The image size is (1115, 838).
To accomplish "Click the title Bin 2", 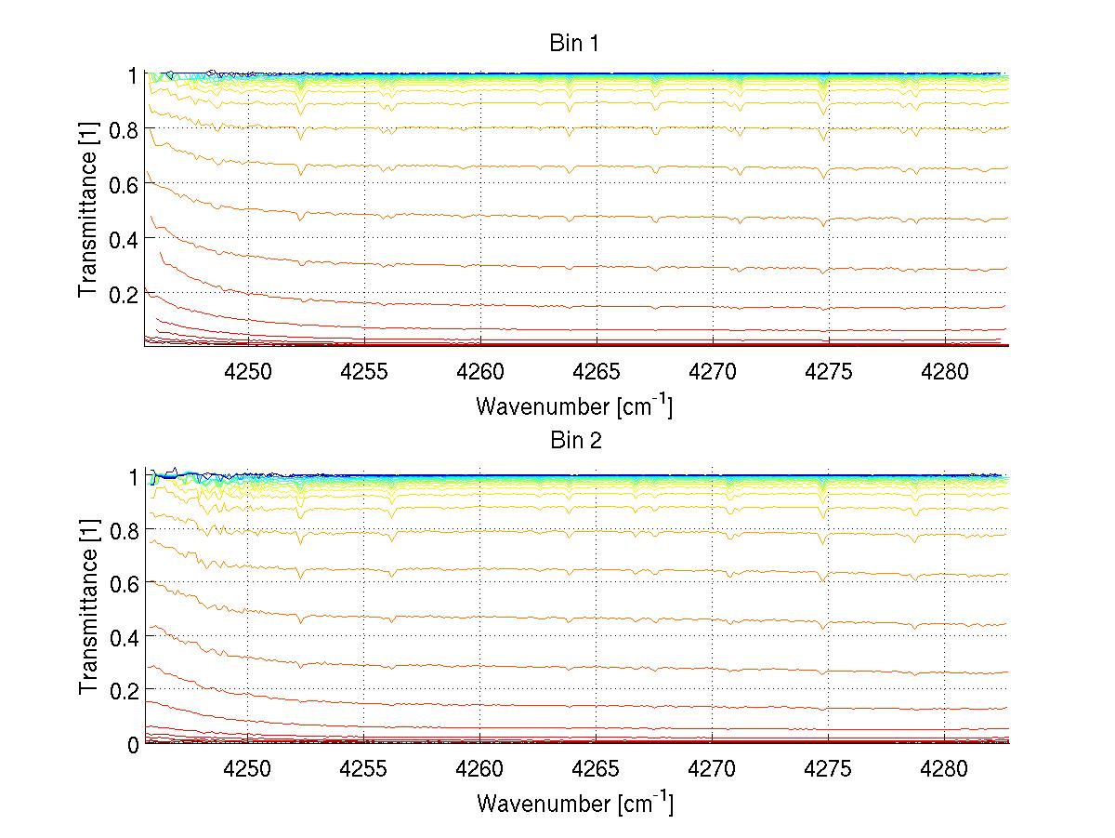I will (575, 440).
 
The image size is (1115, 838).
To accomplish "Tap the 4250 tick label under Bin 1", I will (248, 370).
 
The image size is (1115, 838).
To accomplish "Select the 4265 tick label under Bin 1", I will (597, 370).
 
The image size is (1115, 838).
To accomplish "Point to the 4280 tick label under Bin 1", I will (945, 370).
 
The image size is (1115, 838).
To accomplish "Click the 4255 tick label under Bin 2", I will (364, 768).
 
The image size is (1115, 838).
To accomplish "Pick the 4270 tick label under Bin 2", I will (713, 768).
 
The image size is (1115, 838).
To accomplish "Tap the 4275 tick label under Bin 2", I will (829, 768).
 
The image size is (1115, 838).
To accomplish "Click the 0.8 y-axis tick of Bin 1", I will (124, 130).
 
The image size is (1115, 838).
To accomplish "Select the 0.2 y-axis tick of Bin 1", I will (124, 293).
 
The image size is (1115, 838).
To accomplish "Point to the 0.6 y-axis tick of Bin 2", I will (124, 583).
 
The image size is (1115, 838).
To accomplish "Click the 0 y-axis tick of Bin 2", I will (134, 744).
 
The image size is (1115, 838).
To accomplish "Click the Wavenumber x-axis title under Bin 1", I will (574, 406).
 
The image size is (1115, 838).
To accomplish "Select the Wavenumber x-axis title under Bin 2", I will (574, 803).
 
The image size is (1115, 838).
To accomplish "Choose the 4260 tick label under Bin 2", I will (480, 768).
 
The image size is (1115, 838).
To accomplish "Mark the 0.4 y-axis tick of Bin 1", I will (124, 239).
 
